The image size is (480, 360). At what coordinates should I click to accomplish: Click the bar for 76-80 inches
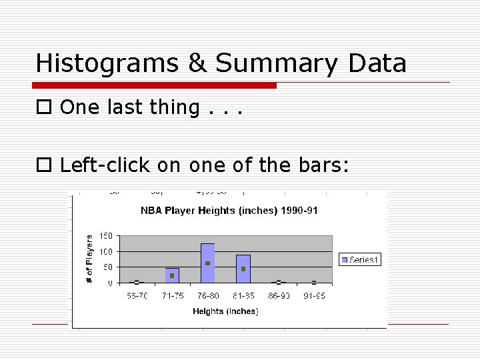pos(207,263)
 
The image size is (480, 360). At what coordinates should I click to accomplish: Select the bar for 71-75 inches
pos(172,275)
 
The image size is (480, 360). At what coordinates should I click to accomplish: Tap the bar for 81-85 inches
pos(243,269)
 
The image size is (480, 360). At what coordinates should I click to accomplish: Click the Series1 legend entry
pos(361,259)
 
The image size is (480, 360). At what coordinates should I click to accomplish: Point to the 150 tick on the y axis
pos(105,236)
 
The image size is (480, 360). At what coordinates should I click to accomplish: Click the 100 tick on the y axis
pos(105,252)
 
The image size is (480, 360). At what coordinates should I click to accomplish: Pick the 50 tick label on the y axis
pos(107,267)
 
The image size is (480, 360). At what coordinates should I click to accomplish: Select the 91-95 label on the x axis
pos(314,295)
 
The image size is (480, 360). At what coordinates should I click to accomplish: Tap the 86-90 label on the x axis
pos(279,295)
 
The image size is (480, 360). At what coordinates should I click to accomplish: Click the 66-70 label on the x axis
pos(137,295)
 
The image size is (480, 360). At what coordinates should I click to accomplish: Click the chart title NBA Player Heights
pos(229,211)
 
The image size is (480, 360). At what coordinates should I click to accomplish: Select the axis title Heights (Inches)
pos(225,311)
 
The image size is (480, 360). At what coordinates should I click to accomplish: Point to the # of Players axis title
pos(90,259)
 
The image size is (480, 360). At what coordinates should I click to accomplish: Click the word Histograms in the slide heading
pos(107,63)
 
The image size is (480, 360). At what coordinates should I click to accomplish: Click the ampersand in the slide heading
pos(197,63)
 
